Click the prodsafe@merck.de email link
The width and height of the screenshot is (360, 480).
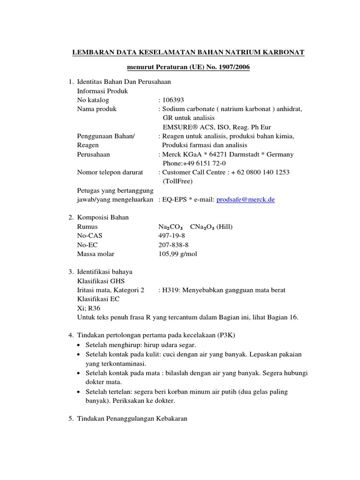(245, 200)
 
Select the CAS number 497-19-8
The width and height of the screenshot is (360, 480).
(172, 236)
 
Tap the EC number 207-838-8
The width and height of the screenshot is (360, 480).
(173, 245)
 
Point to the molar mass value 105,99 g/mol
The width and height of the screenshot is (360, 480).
(178, 254)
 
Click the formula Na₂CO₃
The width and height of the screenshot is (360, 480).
(171, 227)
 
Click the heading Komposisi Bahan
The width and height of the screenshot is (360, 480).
(102, 217)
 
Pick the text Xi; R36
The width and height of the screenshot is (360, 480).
(88, 308)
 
